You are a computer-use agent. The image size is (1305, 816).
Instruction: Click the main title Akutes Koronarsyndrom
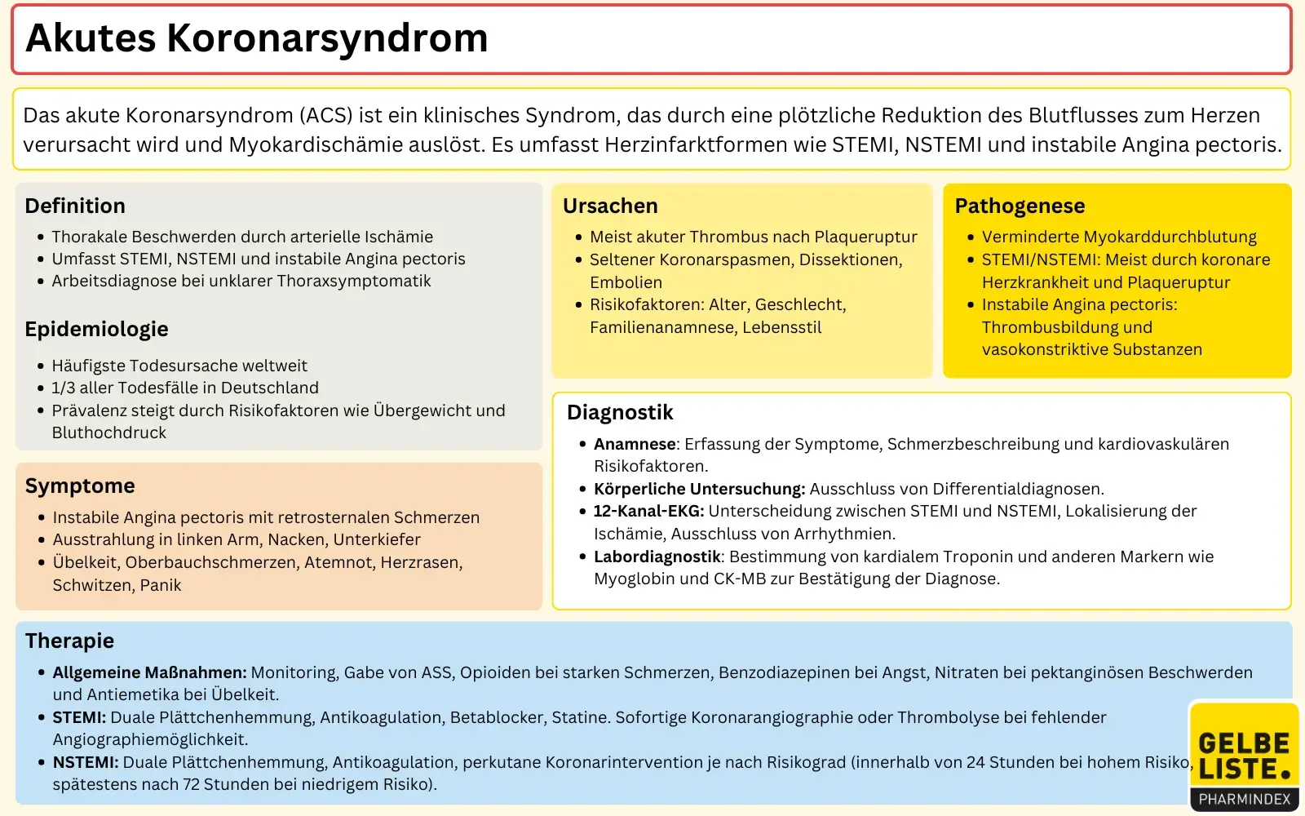pyautogui.click(x=257, y=38)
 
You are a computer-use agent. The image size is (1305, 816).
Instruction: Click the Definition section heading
pyautogui.click(x=75, y=206)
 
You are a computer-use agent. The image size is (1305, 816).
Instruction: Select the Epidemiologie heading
pyautogui.click(x=96, y=329)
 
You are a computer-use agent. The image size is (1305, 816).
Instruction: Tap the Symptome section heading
pyautogui.click(x=80, y=486)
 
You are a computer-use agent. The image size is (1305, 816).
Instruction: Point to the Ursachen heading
pyautogui.click(x=610, y=206)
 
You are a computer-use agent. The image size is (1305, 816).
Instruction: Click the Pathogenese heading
pyautogui.click(x=1020, y=206)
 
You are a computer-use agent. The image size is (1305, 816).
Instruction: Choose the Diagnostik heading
pyautogui.click(x=620, y=412)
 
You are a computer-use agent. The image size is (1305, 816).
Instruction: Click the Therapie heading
pyautogui.click(x=69, y=641)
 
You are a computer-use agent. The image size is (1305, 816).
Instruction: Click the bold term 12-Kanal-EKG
pyautogui.click(x=648, y=512)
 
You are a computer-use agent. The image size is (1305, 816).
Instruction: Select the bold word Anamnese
pyautogui.click(x=635, y=444)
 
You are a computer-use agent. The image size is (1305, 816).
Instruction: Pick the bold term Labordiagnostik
pyautogui.click(x=657, y=557)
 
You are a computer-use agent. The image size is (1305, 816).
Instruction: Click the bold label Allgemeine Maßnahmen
pyautogui.click(x=149, y=672)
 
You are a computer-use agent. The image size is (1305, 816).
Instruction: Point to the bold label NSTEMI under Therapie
pyautogui.click(x=86, y=762)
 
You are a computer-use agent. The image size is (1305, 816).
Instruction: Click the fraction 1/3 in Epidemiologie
pyautogui.click(x=64, y=388)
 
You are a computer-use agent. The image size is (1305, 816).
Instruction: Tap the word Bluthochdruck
pyautogui.click(x=109, y=432)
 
